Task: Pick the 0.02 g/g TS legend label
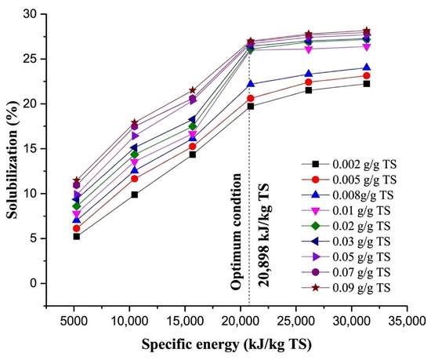click(x=361, y=226)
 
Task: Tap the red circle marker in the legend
click(x=316, y=180)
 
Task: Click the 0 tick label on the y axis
click(x=34, y=283)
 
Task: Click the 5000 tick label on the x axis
click(x=74, y=321)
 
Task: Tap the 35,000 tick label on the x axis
click(x=407, y=321)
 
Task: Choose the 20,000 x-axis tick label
click(x=241, y=321)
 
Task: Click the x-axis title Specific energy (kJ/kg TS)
click(x=226, y=344)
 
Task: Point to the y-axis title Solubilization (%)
click(x=13, y=160)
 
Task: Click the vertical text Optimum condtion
click(x=236, y=231)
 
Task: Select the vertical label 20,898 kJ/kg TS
click(x=263, y=235)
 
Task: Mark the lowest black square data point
click(x=77, y=237)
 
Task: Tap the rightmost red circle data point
click(x=367, y=75)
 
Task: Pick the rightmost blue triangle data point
click(x=367, y=67)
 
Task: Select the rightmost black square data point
click(x=367, y=84)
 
